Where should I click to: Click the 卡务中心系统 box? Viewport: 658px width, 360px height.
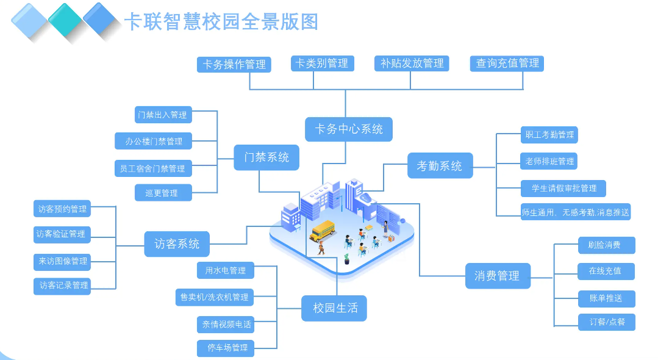(x=349, y=129)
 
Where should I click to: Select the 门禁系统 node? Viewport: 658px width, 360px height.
(x=266, y=157)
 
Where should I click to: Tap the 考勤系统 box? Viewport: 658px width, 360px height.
(x=440, y=165)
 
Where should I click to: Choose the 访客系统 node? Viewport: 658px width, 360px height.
(x=177, y=244)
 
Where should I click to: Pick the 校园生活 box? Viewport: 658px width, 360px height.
(x=335, y=308)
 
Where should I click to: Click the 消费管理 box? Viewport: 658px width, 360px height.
(x=497, y=276)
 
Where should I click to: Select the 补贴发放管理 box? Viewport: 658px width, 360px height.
(x=412, y=63)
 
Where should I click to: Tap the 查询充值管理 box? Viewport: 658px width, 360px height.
(x=507, y=63)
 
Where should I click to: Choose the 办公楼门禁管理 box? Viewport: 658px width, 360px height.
(x=154, y=142)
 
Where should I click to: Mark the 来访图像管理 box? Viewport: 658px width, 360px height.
(x=62, y=261)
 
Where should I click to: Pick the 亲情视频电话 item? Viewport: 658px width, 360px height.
(x=226, y=325)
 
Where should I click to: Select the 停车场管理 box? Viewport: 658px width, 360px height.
(x=226, y=348)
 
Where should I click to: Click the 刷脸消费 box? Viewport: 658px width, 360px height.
(x=606, y=245)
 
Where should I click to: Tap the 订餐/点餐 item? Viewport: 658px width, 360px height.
(x=606, y=322)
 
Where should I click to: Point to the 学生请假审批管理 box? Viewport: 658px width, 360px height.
(x=563, y=188)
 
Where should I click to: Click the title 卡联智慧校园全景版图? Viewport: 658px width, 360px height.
(x=221, y=22)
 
